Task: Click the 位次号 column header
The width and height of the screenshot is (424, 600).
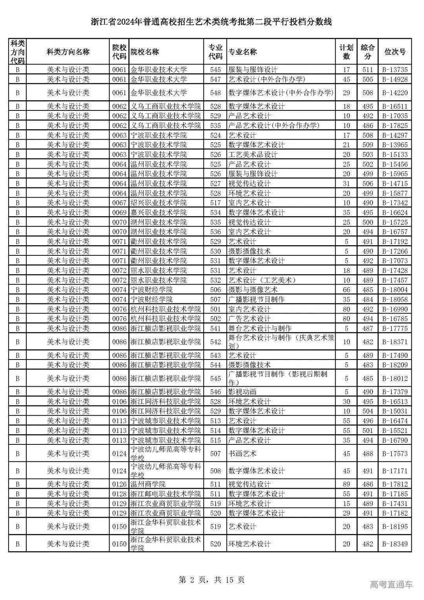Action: (395, 52)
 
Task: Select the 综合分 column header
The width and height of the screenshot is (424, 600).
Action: (368, 52)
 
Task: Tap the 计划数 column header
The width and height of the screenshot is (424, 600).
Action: (346, 52)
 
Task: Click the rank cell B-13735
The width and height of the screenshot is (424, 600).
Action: (395, 70)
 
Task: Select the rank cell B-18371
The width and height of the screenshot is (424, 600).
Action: (395, 342)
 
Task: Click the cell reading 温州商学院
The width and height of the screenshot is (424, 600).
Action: (148, 484)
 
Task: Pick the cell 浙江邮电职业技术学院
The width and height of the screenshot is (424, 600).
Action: (165, 494)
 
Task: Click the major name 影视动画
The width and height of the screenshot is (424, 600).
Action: (242, 392)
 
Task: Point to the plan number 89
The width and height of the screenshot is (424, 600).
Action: (346, 484)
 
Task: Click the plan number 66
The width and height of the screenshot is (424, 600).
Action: (346, 290)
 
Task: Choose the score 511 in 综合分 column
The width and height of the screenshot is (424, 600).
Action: (368, 70)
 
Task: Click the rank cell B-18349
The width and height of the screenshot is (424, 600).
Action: (395, 544)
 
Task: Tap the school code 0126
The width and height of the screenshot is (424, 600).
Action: (119, 484)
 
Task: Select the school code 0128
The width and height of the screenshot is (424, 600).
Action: (119, 494)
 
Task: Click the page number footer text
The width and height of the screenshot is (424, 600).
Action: (212, 580)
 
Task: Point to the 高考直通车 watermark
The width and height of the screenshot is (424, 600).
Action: (391, 585)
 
